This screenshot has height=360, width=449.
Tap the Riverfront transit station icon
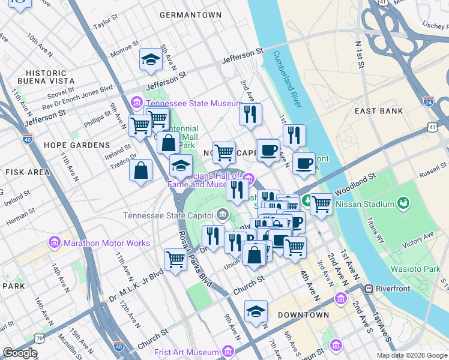pyautogui.click(x=370, y=289)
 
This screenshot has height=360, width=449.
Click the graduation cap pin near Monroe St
pyautogui.click(x=151, y=58)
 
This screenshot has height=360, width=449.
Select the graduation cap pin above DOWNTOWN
pyautogui.click(x=256, y=311)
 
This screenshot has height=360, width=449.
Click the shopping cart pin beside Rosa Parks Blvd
pyautogui.click(x=175, y=260)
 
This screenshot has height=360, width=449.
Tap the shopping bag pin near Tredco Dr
pyautogui.click(x=140, y=170)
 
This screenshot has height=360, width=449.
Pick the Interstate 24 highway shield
pyautogui.click(x=429, y=102)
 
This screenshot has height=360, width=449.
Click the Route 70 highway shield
pyautogui.click(x=40, y=338)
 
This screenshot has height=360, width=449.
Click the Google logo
pyautogui.click(x=20, y=353)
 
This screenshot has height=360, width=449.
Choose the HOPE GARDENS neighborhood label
pyautogui.click(x=76, y=145)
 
